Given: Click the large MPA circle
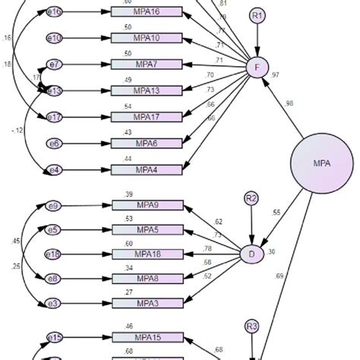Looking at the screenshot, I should point(321,163).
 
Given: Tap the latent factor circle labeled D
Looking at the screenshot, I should point(252,254).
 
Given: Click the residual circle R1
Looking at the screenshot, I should point(259,16).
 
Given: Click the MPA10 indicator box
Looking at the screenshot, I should point(147,38).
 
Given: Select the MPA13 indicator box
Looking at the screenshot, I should point(147,90).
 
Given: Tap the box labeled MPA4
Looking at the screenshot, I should point(147,169).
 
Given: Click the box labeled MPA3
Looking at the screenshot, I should point(147,302).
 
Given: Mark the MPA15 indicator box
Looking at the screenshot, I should point(147,337).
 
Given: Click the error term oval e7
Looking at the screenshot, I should point(55,65).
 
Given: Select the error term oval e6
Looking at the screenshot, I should point(55,143).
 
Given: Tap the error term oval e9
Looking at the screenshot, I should point(55,206).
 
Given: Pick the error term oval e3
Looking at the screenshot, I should point(55,302).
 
